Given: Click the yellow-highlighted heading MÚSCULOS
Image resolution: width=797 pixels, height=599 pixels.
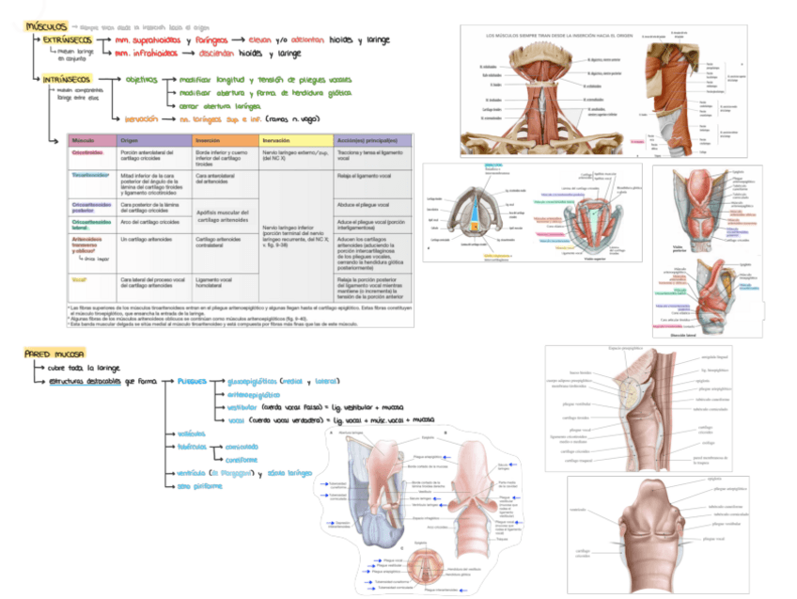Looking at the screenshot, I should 45,27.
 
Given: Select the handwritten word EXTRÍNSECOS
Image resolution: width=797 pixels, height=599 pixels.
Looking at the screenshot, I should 68,41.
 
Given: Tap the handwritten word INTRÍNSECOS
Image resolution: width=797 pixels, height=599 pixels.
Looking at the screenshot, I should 67,79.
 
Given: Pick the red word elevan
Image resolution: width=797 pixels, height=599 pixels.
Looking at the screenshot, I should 266,41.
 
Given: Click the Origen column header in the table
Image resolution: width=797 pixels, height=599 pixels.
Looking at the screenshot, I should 130,139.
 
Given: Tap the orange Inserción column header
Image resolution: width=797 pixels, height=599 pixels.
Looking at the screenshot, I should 209,139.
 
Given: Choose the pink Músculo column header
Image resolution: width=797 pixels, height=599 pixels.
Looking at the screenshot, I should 85,139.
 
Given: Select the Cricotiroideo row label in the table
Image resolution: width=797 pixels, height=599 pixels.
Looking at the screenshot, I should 87,151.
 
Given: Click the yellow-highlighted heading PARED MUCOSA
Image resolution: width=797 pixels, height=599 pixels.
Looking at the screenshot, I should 55,353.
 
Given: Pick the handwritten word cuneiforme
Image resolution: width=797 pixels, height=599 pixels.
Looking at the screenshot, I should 242,460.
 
